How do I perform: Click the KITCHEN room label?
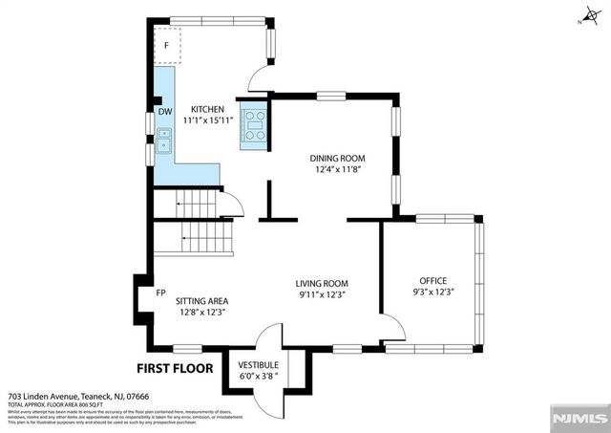(207, 109)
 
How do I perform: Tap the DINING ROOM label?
(337, 158)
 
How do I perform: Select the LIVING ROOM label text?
(321, 283)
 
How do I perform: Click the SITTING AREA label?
(201, 300)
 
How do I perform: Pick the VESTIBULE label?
(258, 365)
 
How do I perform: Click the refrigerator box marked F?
(166, 45)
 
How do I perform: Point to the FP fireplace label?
(161, 292)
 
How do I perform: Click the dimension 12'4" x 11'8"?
(337, 170)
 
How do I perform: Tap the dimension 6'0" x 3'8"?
(258, 377)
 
